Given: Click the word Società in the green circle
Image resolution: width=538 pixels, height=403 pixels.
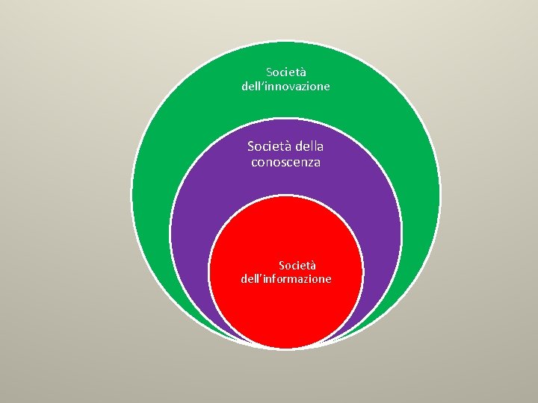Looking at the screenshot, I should pos(286,72).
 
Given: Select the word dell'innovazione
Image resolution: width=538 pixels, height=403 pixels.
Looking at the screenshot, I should pos(285,87).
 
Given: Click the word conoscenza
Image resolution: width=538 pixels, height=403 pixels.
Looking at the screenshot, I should pos(285,162).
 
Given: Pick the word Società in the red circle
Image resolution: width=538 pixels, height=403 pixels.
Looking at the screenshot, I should pos(297,265).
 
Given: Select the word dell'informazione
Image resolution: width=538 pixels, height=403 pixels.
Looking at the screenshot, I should pos(286,279).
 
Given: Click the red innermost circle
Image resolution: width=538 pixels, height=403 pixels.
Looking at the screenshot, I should pos(286,313).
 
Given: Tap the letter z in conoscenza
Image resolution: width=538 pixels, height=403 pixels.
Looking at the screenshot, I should pos(309,163).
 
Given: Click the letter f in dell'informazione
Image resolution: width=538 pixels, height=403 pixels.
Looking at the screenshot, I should pos(273,279).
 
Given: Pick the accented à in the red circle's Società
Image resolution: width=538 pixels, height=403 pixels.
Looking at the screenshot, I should pos(313,265).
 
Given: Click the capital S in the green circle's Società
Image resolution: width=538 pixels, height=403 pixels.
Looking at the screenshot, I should pos(270,72).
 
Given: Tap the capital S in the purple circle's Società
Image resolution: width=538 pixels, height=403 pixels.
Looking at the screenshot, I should pos(252,146).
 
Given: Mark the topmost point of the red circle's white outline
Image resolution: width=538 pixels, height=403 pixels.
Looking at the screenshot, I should pos(286,196).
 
